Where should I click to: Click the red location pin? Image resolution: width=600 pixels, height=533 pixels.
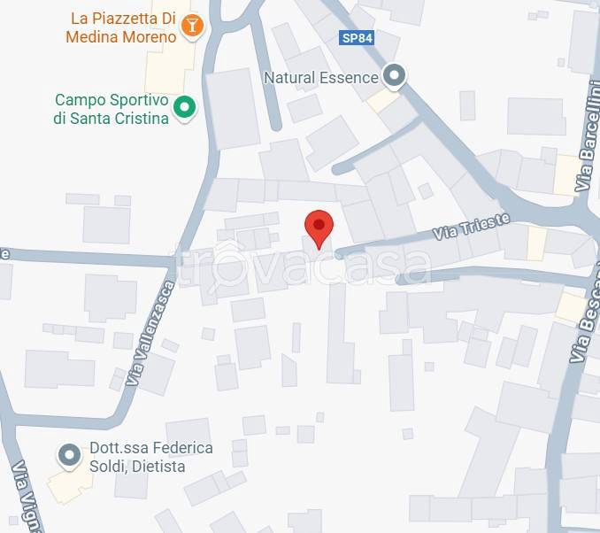[x=319, y=227]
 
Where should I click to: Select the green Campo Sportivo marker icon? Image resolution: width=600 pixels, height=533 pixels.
[x=184, y=108]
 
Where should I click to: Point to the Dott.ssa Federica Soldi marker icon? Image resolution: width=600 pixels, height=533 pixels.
[x=68, y=456]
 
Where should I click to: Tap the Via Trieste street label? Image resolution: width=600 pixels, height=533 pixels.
[x=472, y=227]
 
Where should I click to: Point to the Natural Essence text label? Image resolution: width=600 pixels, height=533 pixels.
[x=321, y=78]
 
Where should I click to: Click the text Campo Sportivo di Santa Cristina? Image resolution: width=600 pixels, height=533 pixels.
[x=112, y=109]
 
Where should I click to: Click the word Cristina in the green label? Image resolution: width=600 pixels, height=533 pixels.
[x=138, y=118]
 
